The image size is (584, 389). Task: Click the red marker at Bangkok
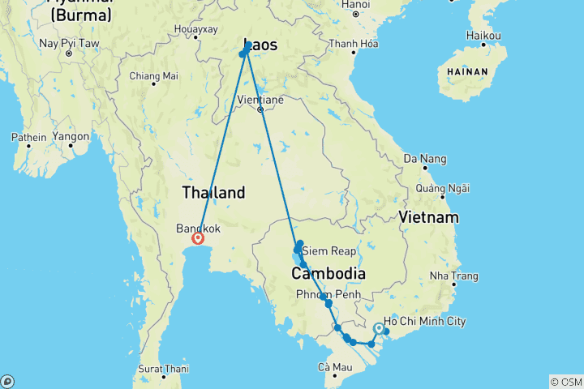click(x=197, y=238)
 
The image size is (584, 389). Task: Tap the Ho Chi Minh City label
click(x=425, y=322)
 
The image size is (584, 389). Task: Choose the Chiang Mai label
click(x=153, y=76)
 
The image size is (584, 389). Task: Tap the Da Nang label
click(x=422, y=157)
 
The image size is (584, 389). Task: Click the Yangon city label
click(x=71, y=137)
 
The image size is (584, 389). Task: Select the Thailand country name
click(x=213, y=193)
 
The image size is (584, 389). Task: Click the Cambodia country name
click(x=328, y=274)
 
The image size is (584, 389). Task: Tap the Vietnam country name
click(x=428, y=217)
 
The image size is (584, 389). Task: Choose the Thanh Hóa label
click(x=354, y=44)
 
